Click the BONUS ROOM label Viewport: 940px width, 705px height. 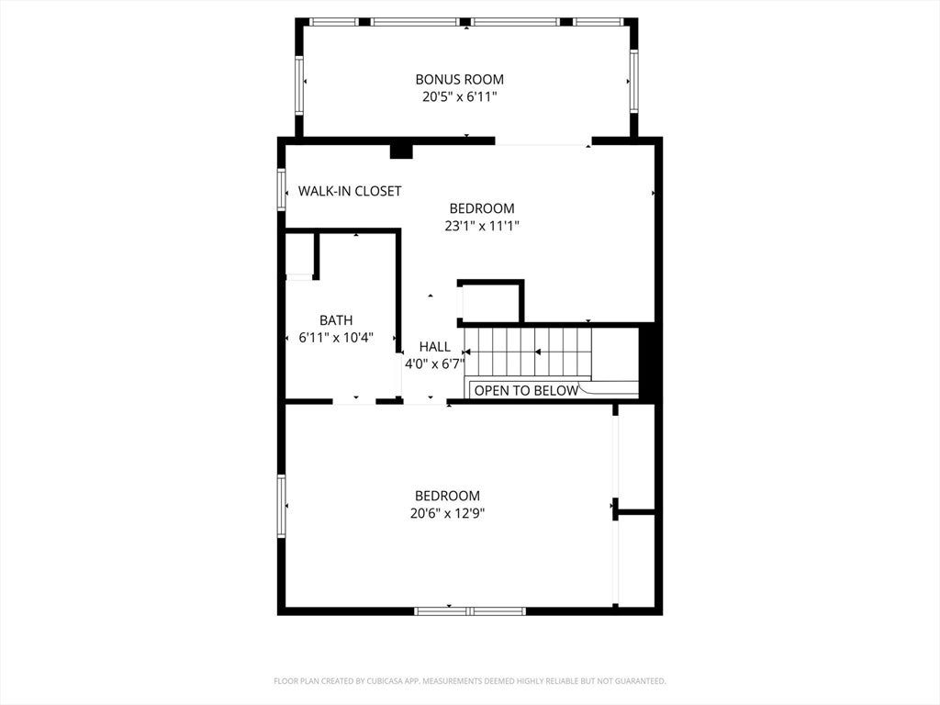click(459, 79)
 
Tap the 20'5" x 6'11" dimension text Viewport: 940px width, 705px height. click(460, 96)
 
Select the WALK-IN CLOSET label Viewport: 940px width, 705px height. click(350, 191)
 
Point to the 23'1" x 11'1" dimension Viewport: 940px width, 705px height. click(481, 226)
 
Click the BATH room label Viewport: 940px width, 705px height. click(336, 320)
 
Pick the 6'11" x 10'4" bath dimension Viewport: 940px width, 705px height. click(336, 338)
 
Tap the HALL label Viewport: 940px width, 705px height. click(434, 346)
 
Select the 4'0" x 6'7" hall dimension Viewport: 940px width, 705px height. click(434, 364)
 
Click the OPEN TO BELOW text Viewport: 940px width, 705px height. click(526, 391)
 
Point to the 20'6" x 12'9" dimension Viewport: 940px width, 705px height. click(447, 513)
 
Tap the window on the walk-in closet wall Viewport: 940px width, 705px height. click(281, 189)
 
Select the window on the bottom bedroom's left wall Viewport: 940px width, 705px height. click(281, 506)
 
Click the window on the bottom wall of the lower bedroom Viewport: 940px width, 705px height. click(470, 611)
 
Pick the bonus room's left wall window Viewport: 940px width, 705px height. click(298, 85)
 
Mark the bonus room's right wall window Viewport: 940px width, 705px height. click(633, 81)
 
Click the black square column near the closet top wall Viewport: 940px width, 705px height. click(401, 151)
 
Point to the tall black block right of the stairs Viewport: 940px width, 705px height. click(647, 362)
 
